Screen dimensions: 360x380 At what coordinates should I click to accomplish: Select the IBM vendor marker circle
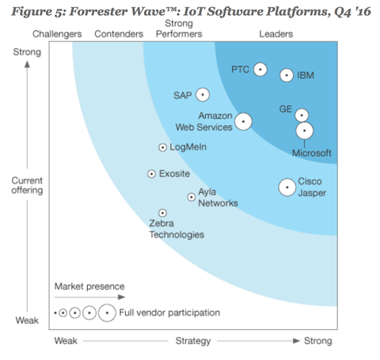[287, 75]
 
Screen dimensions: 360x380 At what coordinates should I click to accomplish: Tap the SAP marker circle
[203, 95]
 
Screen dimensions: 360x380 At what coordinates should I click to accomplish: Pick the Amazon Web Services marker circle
[243, 122]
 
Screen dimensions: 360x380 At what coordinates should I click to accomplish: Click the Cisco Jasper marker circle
[287, 187]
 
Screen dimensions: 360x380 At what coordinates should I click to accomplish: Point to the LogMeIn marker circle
[163, 147]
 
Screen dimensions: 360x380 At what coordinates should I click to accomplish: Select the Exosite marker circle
[152, 173]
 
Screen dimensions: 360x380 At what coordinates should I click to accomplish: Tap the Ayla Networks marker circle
[191, 197]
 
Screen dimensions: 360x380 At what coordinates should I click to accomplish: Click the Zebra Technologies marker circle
[163, 213]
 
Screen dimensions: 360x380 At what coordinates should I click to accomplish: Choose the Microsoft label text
[311, 153]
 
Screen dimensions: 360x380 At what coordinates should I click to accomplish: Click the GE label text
[287, 108]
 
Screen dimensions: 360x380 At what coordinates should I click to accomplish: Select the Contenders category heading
[118, 33]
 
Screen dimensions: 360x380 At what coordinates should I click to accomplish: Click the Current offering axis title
[27, 185]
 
